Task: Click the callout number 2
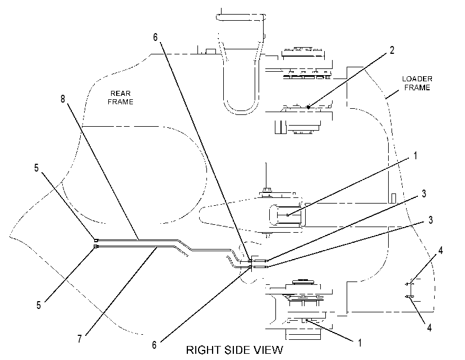coord(392,50)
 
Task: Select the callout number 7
coord(80,339)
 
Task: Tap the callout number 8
coord(63,99)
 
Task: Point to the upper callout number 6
coord(155,37)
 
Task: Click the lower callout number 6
coord(154,345)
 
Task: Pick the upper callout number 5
coord(36,168)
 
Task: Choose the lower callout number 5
coord(39,305)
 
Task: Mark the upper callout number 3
coord(424,193)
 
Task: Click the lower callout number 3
coord(430,220)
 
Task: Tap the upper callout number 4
coord(441,251)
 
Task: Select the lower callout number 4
coord(429,327)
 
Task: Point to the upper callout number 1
coord(416,155)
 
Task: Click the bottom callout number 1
coord(360,343)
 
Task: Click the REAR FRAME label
coord(121,98)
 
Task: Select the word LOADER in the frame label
coord(417,79)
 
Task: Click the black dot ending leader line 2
coord(309,107)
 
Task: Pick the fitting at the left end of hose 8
coord(96,240)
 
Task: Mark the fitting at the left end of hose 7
coord(96,246)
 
